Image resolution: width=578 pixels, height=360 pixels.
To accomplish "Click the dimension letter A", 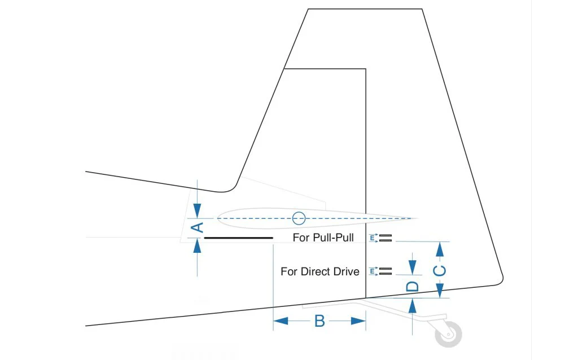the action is pos(198,227).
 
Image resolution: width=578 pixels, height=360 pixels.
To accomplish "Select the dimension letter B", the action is pos(319,321).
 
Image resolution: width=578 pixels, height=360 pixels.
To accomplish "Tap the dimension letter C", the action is pos(439,271).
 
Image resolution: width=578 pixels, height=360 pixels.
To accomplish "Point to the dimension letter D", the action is pos(413,287).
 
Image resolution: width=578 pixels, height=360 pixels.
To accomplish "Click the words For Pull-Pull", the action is pos(323,238).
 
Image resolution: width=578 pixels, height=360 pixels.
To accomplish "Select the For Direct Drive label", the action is pos(320,271).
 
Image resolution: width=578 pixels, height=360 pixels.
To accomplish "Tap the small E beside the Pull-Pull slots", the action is pos(373,238).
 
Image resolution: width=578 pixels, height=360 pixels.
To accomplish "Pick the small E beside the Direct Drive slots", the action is pos(373,271).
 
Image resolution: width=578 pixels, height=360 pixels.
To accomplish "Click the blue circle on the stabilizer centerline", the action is pos(299,218).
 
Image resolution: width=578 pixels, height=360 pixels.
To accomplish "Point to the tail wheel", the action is pos(448,334).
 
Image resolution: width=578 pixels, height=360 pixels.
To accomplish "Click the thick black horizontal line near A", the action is pos(239,238).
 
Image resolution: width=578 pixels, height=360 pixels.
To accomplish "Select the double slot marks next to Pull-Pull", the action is pos(385,238).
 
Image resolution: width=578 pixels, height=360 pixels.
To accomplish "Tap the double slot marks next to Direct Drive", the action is pos(385,271).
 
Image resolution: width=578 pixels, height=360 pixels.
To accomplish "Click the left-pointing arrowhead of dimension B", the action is pos(281,321).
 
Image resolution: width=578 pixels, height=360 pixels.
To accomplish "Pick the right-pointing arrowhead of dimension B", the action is pos(358,321).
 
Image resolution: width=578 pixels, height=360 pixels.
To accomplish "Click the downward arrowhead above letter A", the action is pos(197,211).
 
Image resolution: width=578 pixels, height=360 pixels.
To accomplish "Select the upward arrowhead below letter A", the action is pos(197,246).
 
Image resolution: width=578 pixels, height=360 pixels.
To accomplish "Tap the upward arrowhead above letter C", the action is pos(439,249).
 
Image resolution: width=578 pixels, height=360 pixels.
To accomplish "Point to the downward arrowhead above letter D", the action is pos(413,267).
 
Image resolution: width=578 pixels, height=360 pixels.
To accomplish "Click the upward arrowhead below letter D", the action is pos(413,306).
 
